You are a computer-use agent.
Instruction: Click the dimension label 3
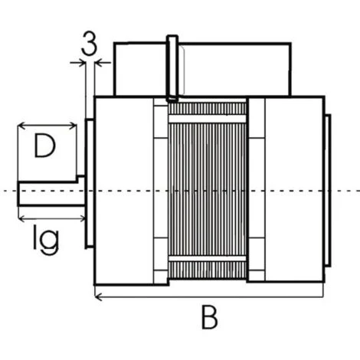pos(89,44)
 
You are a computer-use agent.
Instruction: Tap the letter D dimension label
pos(45,146)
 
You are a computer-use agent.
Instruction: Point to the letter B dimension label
pos(209,317)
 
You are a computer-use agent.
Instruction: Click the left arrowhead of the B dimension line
pos(98,297)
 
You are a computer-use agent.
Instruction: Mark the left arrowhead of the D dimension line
pos(21,126)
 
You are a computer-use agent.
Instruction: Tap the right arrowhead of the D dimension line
pos(73,126)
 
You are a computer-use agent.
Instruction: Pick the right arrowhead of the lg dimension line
pos(82,218)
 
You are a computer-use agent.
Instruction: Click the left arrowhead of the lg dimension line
pos(22,218)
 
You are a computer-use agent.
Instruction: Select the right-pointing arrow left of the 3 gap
pos(78,62)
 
